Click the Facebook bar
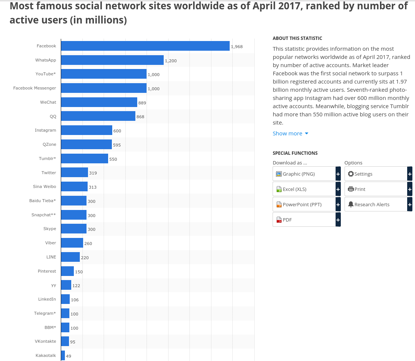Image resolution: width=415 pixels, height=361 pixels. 145,46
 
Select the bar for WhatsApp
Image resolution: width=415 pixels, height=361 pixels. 112,60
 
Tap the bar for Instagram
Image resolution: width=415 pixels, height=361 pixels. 87,130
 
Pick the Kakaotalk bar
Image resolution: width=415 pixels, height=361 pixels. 63,355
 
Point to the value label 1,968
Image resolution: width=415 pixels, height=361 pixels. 237,47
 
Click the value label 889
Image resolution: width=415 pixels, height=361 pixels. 142,103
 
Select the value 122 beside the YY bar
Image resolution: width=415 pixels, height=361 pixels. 76,286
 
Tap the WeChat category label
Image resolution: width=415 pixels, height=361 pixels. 48,102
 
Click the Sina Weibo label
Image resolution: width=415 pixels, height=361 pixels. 44,186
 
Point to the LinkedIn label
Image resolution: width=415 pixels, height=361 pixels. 47,299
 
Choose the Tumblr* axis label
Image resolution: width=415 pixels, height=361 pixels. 47,158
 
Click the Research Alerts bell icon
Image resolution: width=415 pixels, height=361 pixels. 351,204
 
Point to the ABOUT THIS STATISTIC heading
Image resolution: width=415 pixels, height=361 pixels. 297,38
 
